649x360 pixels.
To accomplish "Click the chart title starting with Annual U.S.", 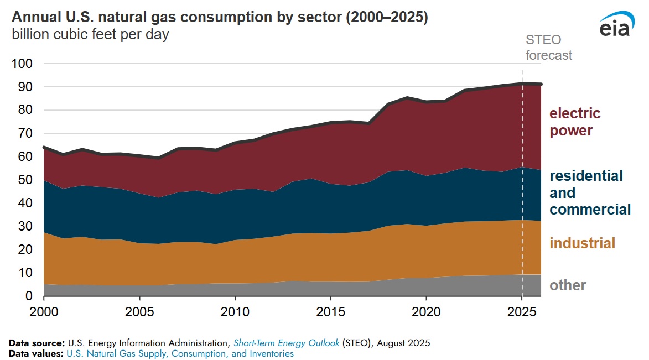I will point(219,17).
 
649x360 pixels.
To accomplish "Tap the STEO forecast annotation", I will point(548,48).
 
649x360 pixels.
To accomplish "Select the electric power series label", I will point(574,122).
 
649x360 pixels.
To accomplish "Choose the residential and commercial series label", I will point(589,192).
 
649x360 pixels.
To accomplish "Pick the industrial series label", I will point(582,243).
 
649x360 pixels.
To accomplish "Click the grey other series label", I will point(567,285).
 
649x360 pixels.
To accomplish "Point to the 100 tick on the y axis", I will point(22,64).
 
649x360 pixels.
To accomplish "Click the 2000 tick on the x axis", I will point(44,312).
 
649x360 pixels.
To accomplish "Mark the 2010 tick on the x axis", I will point(235,312).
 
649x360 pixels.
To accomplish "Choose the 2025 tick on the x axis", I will point(522,312).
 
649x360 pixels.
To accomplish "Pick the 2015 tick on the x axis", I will point(330,312).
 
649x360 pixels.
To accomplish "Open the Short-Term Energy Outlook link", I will point(286,343).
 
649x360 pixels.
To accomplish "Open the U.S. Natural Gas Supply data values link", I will point(180,353).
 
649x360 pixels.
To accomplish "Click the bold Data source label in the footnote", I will point(37,343).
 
